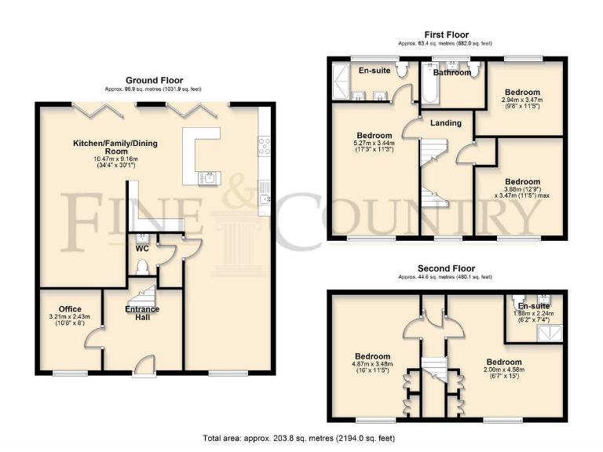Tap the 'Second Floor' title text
(x=445, y=268)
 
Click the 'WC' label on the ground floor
(x=142, y=248)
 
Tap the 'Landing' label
(x=445, y=122)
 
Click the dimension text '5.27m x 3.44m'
(x=375, y=143)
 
